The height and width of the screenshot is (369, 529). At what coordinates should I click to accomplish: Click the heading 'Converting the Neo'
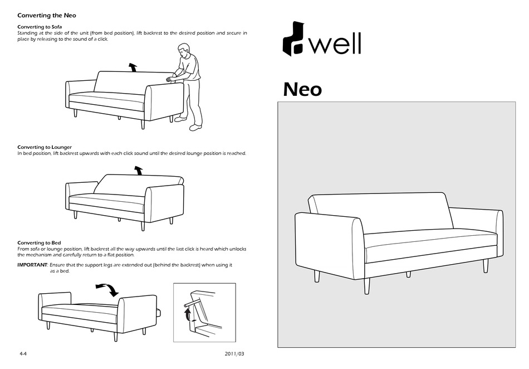click(47, 15)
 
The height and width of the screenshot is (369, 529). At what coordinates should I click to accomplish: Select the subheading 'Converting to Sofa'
click(40, 27)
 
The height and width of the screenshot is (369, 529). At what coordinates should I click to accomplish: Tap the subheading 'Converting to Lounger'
click(45, 147)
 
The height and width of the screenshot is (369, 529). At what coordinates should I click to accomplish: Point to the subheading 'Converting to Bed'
click(39, 243)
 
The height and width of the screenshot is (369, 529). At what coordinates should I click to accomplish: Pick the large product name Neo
click(302, 89)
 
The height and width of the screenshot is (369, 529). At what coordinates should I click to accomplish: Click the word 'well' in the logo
click(335, 44)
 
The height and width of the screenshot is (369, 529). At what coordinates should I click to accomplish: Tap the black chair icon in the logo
click(293, 39)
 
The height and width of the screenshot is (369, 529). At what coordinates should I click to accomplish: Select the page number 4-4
click(23, 354)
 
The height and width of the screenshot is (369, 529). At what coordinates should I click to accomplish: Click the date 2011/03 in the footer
click(234, 354)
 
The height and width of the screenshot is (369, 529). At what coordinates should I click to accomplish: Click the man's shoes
click(194, 128)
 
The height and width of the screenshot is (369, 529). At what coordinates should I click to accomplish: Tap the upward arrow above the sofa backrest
click(133, 67)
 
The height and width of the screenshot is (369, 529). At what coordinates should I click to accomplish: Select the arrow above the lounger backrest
click(138, 170)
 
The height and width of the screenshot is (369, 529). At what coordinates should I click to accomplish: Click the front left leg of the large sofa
click(366, 285)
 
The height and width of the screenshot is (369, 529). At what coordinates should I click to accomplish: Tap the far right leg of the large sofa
click(486, 265)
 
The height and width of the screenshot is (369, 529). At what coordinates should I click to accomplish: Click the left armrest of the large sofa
click(329, 245)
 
